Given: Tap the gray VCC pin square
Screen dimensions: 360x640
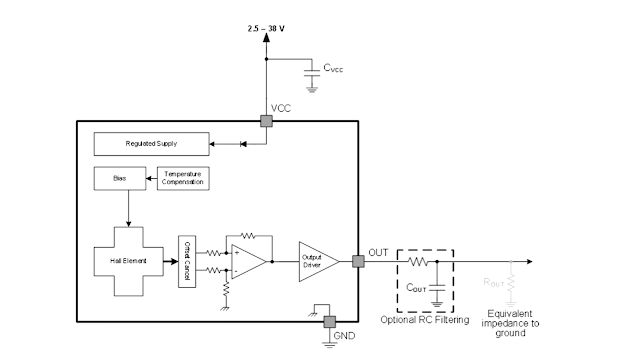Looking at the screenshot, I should [267, 121].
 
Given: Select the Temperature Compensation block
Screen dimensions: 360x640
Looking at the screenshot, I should [184, 177].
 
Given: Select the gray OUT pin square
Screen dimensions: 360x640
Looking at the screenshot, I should [358, 262].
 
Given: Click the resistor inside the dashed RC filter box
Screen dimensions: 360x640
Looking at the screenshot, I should [419, 262].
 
